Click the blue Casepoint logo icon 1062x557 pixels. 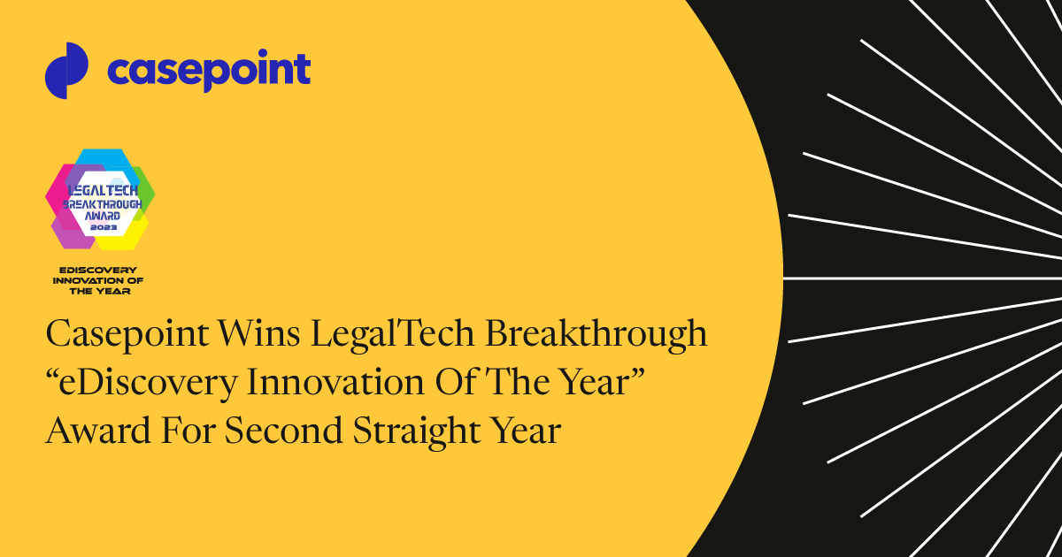pos(66,71)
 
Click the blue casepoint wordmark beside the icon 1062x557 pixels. pos(209,71)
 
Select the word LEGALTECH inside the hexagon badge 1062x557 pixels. pos(100,190)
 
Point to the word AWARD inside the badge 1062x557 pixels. pos(100,215)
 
